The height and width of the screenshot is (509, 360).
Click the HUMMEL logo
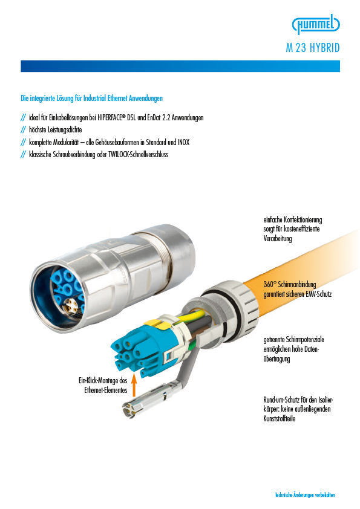316,24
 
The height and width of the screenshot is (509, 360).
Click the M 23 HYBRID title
313,48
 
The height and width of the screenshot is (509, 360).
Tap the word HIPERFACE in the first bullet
111,117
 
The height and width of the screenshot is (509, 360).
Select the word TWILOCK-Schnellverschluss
139,154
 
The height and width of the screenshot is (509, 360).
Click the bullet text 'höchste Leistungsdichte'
56,130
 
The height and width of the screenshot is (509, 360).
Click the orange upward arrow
134,385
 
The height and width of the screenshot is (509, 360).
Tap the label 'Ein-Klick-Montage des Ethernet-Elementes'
103,385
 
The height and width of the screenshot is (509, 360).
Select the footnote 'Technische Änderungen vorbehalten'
305,495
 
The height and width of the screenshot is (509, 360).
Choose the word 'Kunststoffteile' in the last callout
280,418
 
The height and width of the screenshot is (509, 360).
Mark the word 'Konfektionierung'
303,220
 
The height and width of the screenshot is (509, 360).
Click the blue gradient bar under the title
180,66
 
